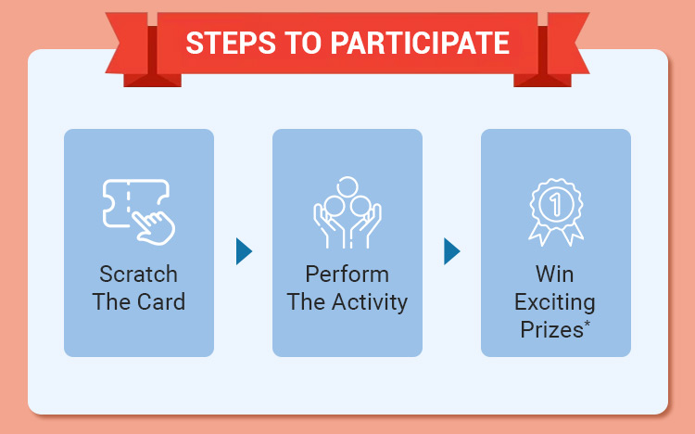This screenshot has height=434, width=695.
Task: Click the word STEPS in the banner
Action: [224, 43]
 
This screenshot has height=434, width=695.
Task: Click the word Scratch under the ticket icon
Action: [138, 275]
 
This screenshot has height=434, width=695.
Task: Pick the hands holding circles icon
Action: [347, 212]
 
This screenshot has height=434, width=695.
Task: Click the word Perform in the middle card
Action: [347, 275]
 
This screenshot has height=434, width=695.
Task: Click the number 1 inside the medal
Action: [554, 203]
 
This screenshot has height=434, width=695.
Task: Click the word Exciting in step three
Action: [554, 302]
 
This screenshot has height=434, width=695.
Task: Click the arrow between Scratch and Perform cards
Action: [244, 250]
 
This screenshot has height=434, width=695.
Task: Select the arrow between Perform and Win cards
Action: [452, 250]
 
